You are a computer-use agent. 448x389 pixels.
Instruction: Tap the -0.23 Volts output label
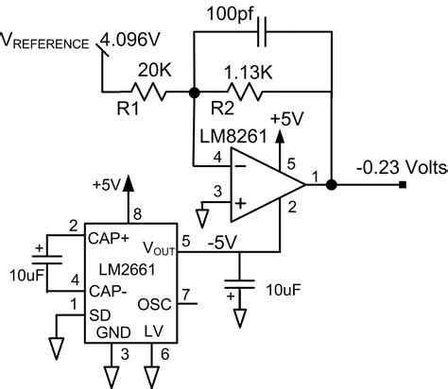pyautogui.click(x=396, y=167)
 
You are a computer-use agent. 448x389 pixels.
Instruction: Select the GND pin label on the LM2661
pyautogui.click(x=112, y=331)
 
